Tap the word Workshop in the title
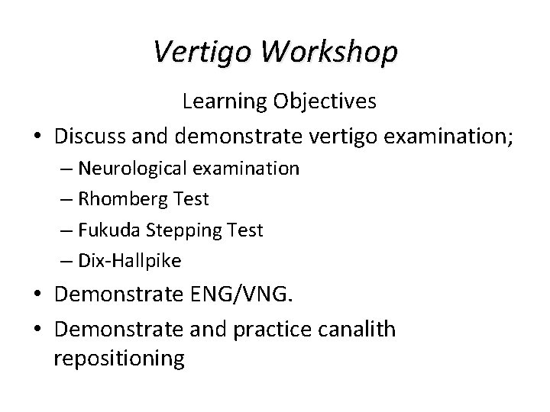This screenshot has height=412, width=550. pyautogui.click(x=327, y=52)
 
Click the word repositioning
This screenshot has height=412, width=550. pyautogui.click(x=119, y=359)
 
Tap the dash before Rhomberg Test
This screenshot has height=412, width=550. pyautogui.click(x=67, y=200)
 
